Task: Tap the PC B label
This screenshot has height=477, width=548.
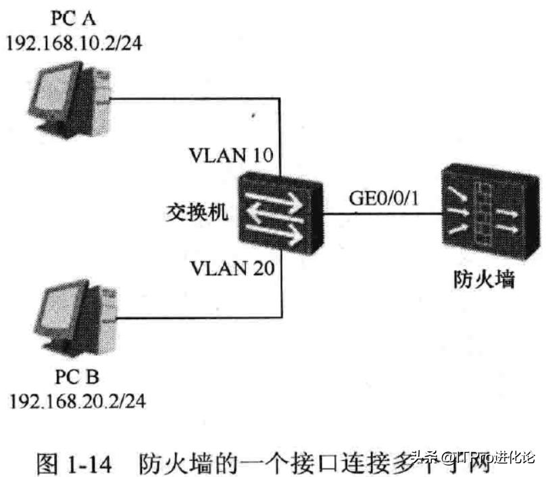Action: tap(76, 375)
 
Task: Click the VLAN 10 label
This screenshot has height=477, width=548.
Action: tap(232, 157)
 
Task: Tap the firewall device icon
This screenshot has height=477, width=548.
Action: tap(483, 215)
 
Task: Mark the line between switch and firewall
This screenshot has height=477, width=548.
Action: tap(382, 215)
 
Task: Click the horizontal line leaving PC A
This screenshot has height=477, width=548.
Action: tap(196, 99)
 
